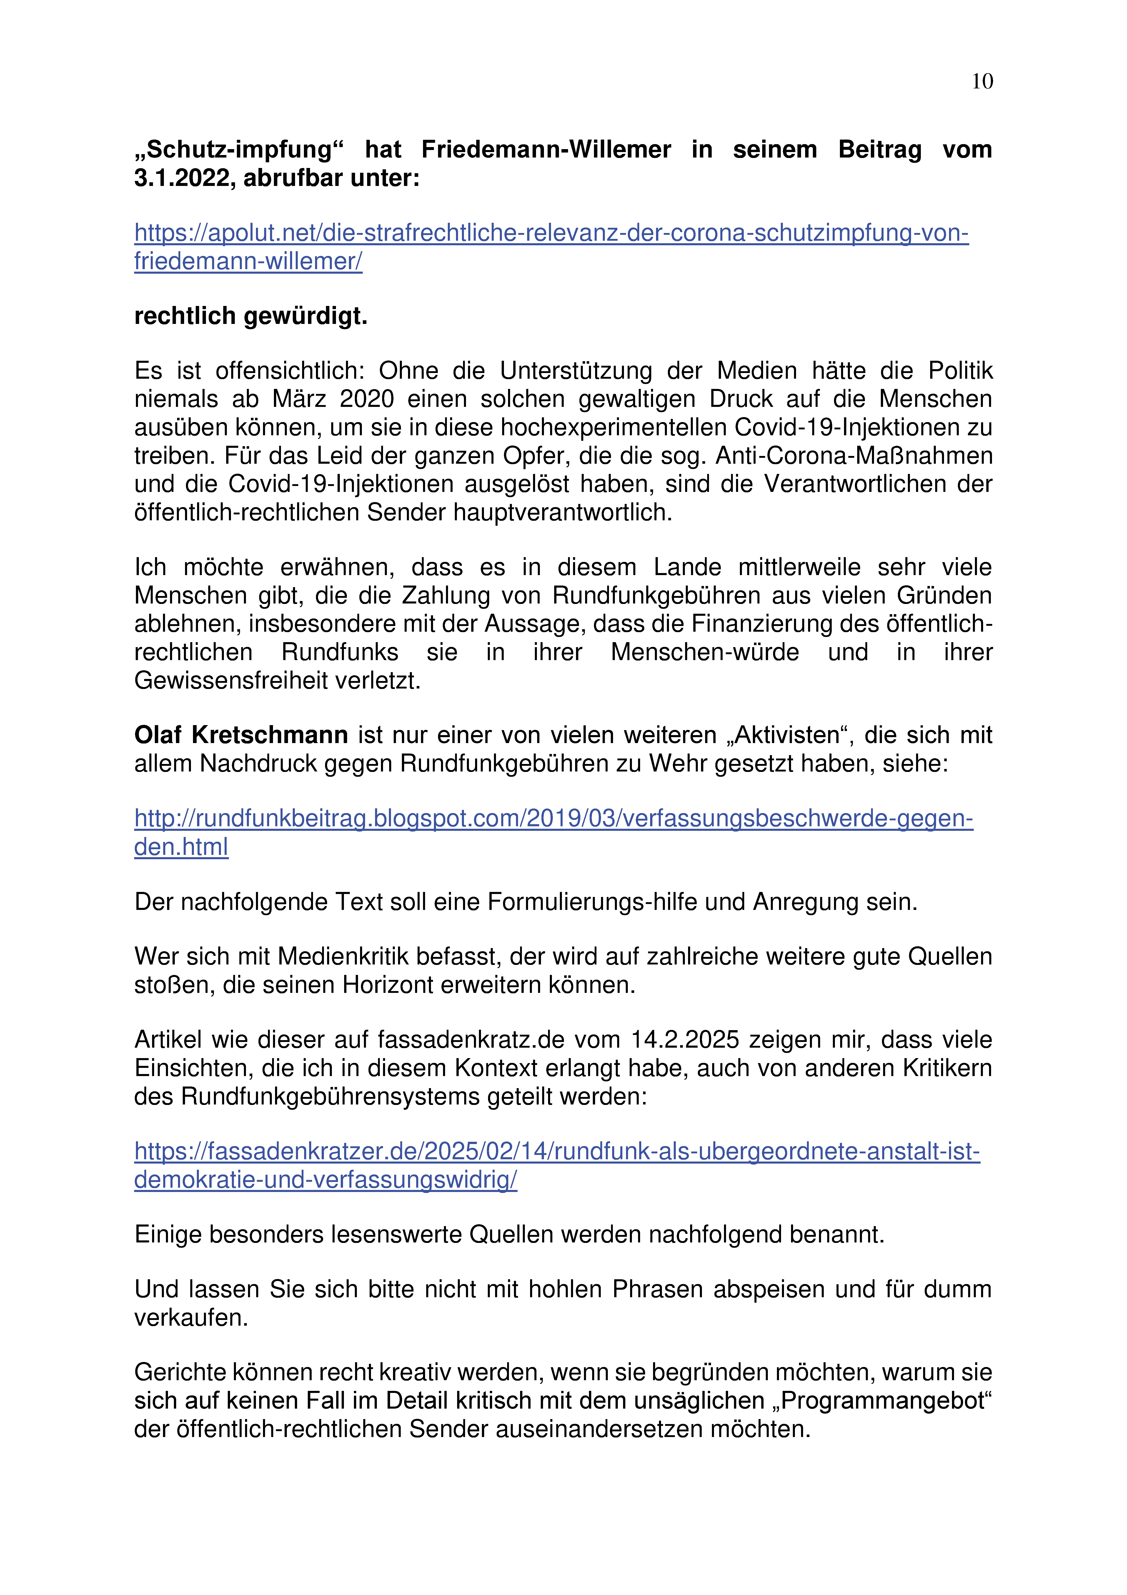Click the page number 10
[x=982, y=82]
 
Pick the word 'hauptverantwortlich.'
[x=563, y=513]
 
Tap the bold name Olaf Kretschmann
[x=240, y=735]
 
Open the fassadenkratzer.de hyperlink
[x=556, y=1152]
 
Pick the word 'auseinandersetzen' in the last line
[x=555, y=1429]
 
